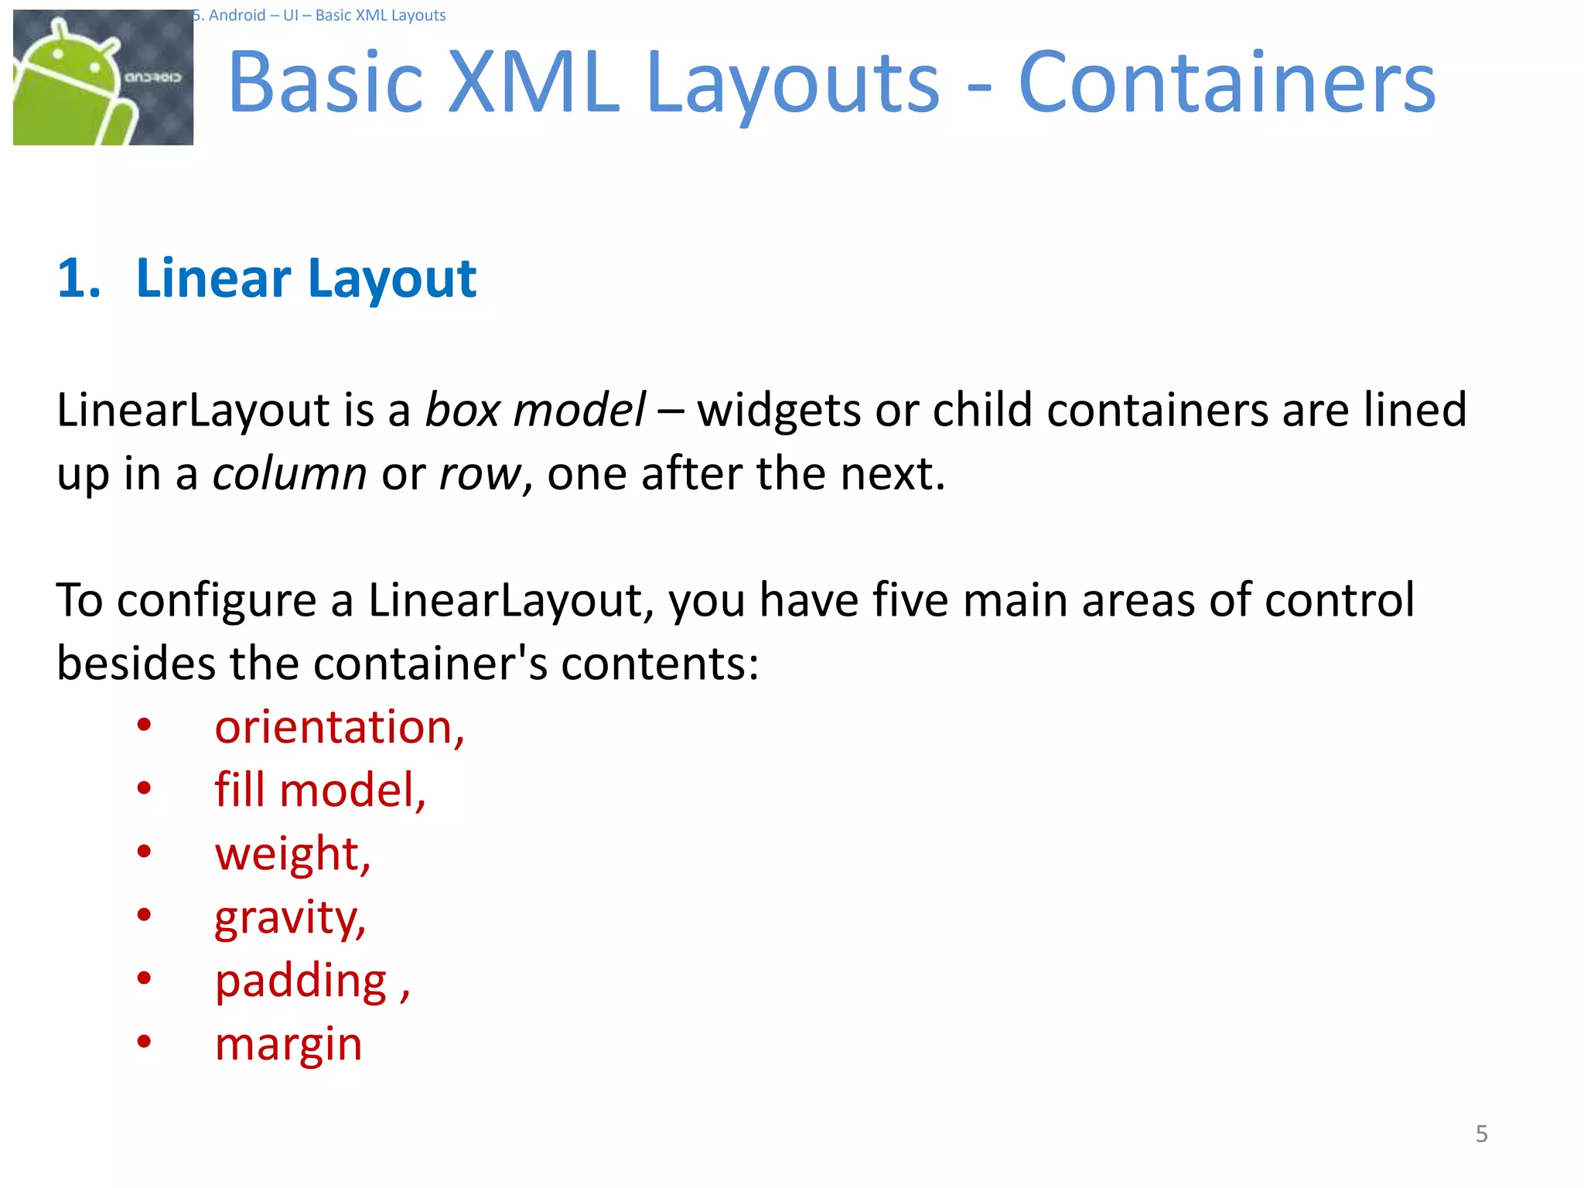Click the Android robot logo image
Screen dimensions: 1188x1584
(x=103, y=77)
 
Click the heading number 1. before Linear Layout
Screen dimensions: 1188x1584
(x=79, y=278)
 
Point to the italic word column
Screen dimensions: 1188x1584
(x=290, y=473)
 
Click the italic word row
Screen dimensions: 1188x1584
(x=480, y=473)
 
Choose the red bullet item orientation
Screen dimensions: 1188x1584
(x=339, y=727)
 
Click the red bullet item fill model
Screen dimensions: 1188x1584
(x=319, y=790)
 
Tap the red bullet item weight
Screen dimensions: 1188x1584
(x=292, y=854)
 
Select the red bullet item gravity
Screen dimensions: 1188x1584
(x=289, y=918)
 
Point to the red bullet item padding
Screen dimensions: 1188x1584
(x=302, y=981)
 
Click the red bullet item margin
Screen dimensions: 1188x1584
(x=288, y=1045)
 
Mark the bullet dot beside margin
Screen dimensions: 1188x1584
(x=144, y=1041)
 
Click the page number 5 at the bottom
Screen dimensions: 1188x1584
(x=1481, y=1134)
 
